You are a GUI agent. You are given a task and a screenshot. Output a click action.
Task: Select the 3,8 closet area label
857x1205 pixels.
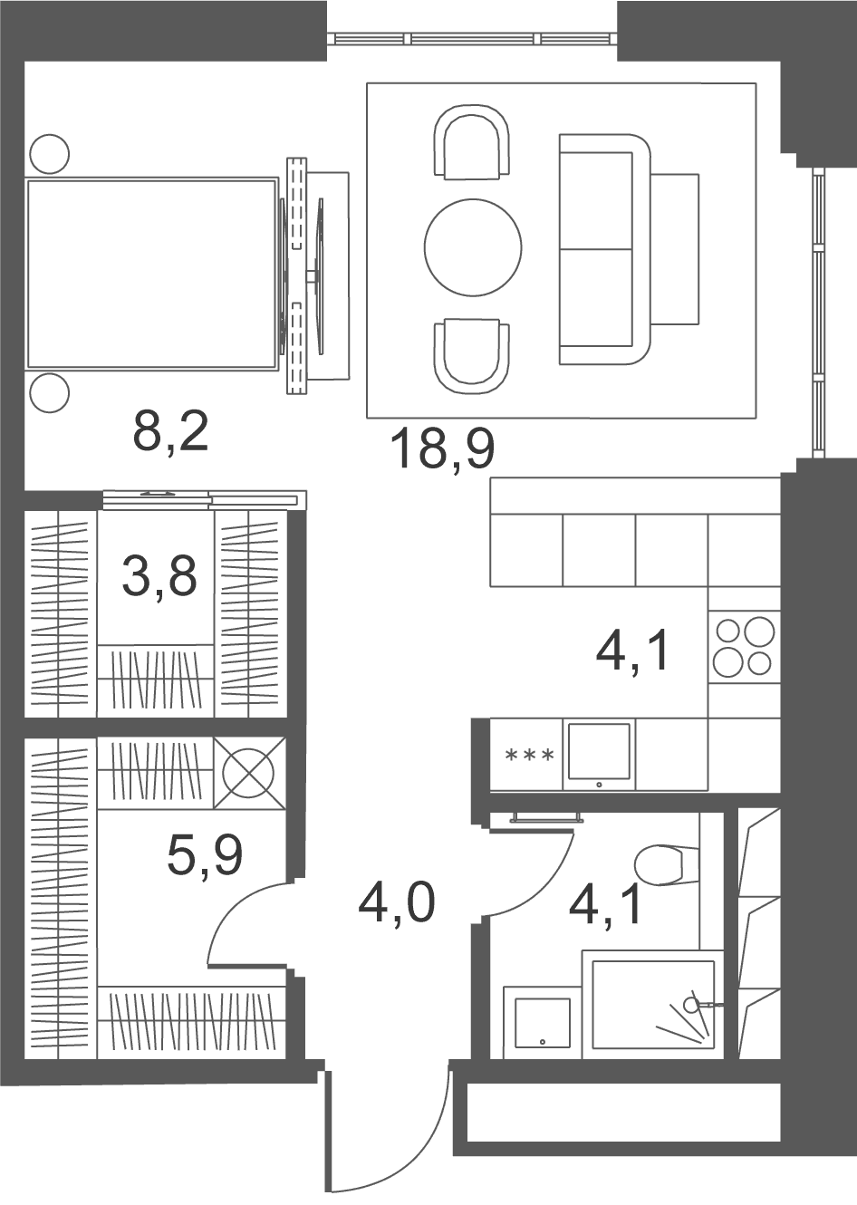click(x=159, y=577)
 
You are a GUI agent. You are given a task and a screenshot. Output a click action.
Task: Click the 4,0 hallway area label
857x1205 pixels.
click(x=396, y=906)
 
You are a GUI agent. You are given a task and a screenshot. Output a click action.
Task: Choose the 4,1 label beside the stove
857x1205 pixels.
click(x=632, y=651)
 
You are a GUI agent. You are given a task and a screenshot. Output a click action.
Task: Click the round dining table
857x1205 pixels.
click(x=473, y=247)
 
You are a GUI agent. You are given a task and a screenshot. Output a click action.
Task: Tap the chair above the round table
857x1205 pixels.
click(x=472, y=142)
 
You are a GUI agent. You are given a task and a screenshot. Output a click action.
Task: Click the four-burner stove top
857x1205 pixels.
click(x=744, y=647)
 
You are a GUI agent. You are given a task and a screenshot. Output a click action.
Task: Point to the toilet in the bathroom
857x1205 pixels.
click(x=667, y=865)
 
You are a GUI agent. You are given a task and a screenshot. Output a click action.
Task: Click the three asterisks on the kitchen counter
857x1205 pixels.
click(x=529, y=756)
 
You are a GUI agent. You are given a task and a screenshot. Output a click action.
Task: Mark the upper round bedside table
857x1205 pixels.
click(x=50, y=154)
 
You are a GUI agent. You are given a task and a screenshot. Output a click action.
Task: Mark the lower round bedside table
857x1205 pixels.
click(x=50, y=393)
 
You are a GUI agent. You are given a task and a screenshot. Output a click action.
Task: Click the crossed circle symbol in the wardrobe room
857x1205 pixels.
click(x=249, y=773)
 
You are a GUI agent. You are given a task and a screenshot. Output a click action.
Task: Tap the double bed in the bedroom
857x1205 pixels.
click(x=152, y=274)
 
